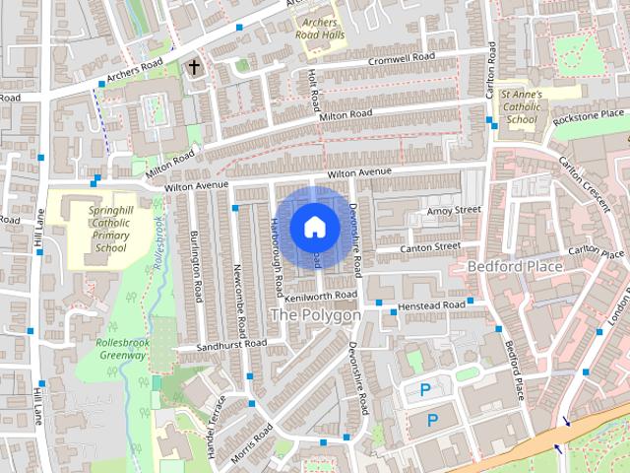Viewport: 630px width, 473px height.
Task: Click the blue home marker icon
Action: point(314,227)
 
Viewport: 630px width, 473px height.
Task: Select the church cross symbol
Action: point(194,68)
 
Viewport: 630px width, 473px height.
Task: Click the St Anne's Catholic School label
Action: point(521,107)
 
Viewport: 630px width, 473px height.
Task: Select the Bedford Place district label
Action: point(514,267)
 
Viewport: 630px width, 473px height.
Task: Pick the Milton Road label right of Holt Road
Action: point(346,116)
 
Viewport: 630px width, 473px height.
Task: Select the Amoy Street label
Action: point(453,210)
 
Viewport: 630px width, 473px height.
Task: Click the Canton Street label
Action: point(431,246)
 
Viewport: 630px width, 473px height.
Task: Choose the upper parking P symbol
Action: point(425,390)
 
